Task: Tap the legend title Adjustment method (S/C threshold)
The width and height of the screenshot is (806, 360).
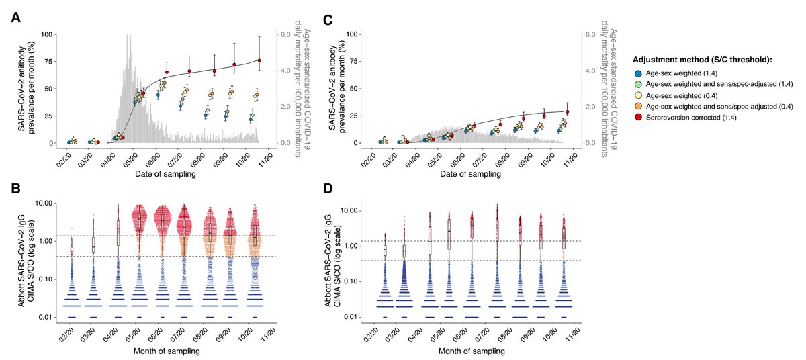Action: [x=714, y=59]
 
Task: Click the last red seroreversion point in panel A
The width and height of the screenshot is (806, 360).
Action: [x=259, y=60]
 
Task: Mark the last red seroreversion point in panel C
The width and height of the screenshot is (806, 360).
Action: [x=568, y=112]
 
